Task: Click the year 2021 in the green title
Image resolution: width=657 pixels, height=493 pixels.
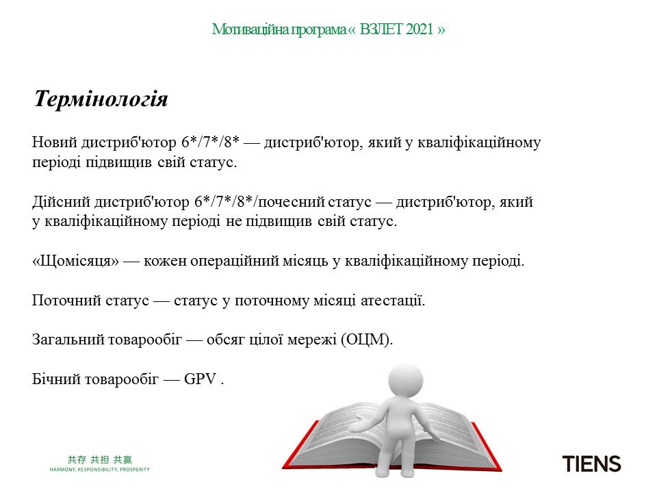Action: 419,29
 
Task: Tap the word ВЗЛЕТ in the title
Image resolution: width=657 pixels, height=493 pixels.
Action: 381,29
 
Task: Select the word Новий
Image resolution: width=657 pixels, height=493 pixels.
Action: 55,142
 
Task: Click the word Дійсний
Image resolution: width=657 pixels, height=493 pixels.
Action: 61,202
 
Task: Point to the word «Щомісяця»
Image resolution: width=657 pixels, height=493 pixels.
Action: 75,261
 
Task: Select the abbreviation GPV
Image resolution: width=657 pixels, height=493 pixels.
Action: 200,379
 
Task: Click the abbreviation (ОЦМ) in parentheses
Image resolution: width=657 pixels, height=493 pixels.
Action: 367,339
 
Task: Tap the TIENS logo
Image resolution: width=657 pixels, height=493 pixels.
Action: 591,464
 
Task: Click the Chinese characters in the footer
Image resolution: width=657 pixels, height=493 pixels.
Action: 100,459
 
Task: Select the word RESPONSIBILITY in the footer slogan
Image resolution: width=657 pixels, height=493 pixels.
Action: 97,470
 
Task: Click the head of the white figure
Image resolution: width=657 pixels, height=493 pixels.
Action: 405,381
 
